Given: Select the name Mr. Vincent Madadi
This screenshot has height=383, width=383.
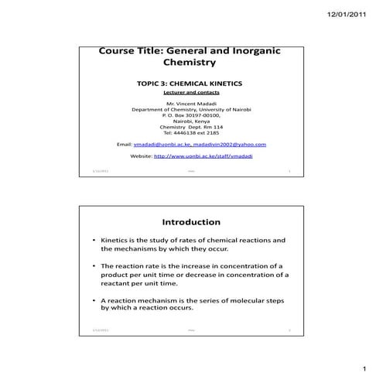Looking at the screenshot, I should pyautogui.click(x=190, y=104).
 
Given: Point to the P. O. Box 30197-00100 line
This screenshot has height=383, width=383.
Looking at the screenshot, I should pyautogui.click(x=190, y=115).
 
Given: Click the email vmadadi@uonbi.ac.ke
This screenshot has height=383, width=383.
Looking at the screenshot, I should pyautogui.click(x=161, y=144).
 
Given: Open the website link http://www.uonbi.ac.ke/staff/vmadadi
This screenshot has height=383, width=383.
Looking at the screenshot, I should pyautogui.click(x=203, y=156).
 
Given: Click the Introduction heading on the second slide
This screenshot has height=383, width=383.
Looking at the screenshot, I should pyautogui.click(x=190, y=222).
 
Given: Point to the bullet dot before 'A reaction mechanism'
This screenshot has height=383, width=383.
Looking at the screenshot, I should pyautogui.click(x=94, y=299).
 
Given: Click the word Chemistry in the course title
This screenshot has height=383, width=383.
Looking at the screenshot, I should pyautogui.click(x=190, y=62).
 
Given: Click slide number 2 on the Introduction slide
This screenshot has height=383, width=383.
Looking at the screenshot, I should pyautogui.click(x=289, y=330).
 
